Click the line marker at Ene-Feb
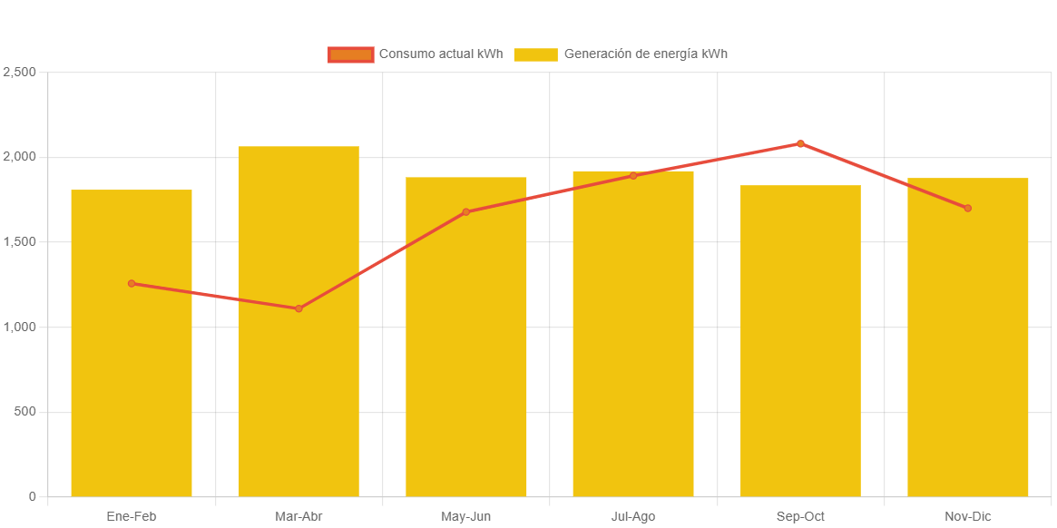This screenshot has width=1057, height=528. pyautogui.click(x=132, y=284)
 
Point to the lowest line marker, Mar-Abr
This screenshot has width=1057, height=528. pyautogui.click(x=299, y=308)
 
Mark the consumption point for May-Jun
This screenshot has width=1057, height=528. pyautogui.click(x=466, y=212)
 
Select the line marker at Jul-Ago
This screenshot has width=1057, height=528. pyautogui.click(x=633, y=176)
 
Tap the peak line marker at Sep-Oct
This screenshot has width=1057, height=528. pyautogui.click(x=800, y=143)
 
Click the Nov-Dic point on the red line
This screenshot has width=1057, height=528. pyautogui.click(x=968, y=209)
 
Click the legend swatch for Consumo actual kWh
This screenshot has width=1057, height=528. pyautogui.click(x=350, y=54)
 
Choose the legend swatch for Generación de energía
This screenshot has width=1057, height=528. pyautogui.click(x=535, y=54)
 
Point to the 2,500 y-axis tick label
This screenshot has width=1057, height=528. pyautogui.click(x=19, y=72)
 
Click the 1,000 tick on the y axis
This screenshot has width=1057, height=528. pyautogui.click(x=19, y=327)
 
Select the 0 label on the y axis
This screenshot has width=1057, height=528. pyautogui.click(x=32, y=496)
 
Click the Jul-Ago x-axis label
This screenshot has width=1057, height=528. pyautogui.click(x=633, y=517)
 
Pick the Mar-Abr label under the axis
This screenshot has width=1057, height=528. pyautogui.click(x=299, y=517)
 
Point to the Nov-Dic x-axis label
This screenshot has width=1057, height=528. pyautogui.click(x=968, y=517)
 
